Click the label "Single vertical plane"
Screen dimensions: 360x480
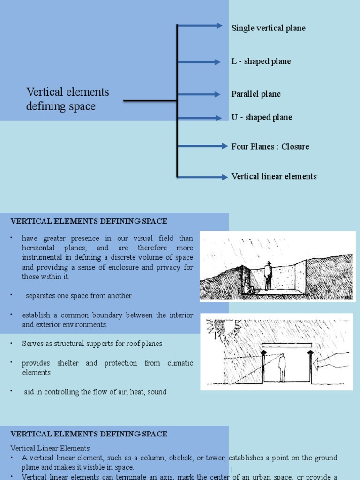268,28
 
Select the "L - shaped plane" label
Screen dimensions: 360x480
261,61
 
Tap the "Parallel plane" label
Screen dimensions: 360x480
256,94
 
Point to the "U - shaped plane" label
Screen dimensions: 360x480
262,117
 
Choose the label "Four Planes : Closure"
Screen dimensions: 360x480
270,147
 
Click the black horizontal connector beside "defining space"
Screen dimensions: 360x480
150,101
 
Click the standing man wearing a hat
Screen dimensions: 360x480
268,276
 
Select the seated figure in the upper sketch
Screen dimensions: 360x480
248,286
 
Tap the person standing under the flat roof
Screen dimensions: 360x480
282,367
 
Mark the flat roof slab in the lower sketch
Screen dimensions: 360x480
286,345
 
